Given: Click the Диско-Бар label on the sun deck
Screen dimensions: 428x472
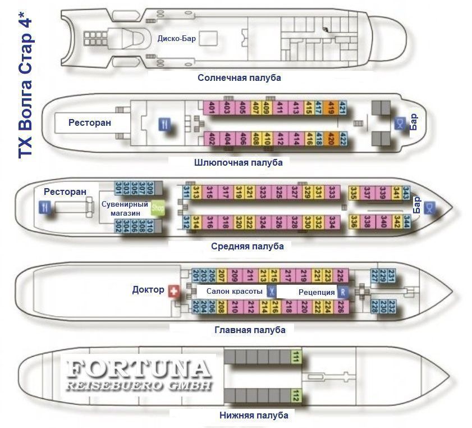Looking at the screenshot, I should [176, 39].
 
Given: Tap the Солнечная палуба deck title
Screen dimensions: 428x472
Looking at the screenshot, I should [239, 78].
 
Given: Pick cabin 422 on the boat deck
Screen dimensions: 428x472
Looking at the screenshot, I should [343, 137].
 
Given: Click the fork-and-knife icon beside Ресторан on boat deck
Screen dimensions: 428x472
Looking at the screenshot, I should [164, 125].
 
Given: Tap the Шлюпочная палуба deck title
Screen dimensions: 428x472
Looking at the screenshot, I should [239, 162].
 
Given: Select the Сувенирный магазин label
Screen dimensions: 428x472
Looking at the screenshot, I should [125, 208].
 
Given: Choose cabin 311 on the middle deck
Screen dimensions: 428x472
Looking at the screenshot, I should [185, 192].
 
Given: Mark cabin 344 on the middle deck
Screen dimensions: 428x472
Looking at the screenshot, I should [406, 221].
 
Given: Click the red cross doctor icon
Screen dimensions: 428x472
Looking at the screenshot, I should [173, 290].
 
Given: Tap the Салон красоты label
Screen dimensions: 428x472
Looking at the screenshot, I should [234, 292].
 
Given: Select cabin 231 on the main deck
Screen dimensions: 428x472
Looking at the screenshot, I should [392, 276].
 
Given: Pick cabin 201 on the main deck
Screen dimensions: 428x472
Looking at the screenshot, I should [196, 275].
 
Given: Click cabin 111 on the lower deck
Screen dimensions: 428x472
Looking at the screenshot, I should [295, 356].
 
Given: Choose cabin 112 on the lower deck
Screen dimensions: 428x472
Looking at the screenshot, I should [295, 397].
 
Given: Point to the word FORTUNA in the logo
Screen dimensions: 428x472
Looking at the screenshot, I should [139, 370].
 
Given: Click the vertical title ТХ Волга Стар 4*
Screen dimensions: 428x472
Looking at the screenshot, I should [26, 84].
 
